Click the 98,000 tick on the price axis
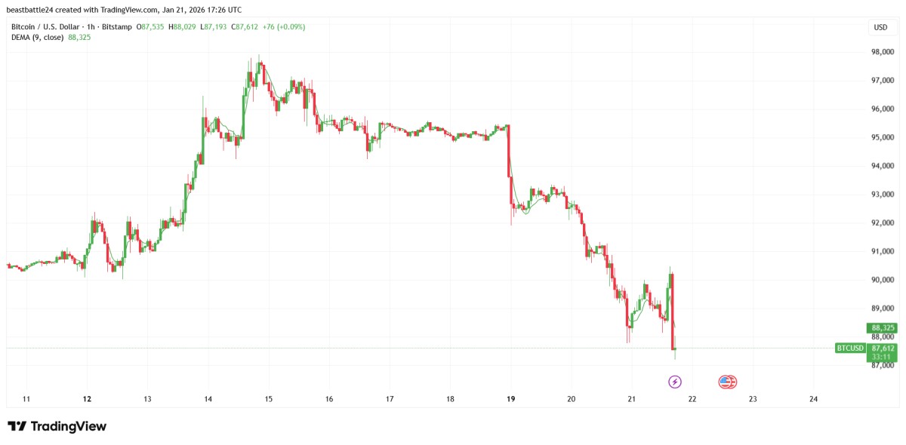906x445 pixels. (883, 52)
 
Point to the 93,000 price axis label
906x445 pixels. (883, 195)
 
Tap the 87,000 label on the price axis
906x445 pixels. (883, 366)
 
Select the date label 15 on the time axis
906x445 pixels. (268, 399)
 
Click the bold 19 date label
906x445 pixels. (510, 399)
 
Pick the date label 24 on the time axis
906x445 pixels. (813, 399)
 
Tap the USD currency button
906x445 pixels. (880, 27)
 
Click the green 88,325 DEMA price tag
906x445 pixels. (882, 328)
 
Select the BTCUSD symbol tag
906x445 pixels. (850, 348)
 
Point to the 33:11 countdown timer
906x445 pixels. (882, 358)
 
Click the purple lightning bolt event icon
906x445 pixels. (675, 382)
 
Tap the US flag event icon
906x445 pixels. (727, 382)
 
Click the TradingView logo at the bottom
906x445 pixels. (57, 426)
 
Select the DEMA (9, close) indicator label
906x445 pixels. (37, 37)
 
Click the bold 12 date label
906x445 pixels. (87, 399)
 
